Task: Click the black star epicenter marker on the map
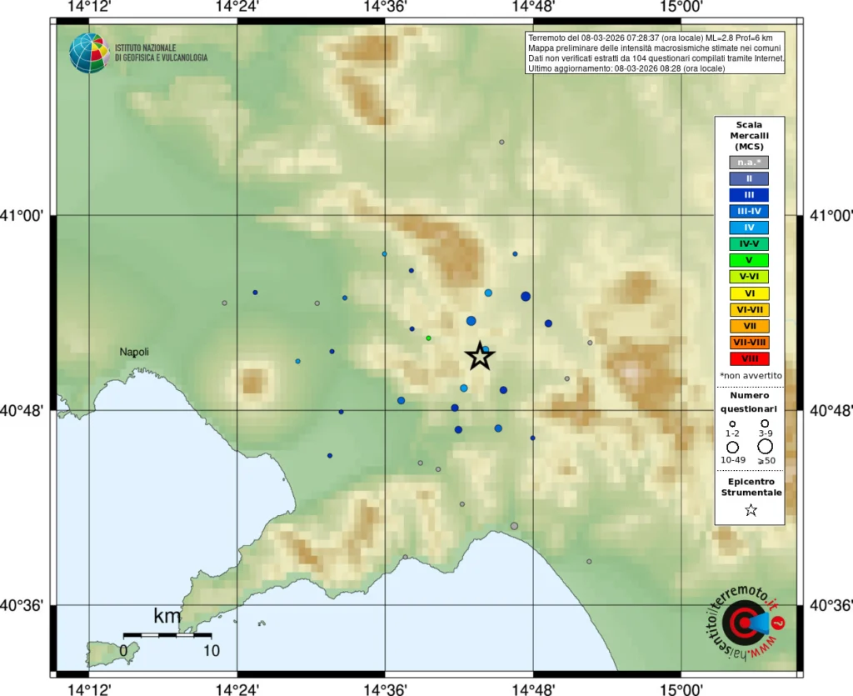[480, 356]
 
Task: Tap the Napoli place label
[134, 352]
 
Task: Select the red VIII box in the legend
[749, 358]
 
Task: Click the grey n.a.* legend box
[749, 163]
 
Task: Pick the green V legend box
[749, 260]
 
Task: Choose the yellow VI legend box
[749, 293]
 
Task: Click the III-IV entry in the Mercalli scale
[749, 212]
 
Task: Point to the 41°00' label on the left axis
[26, 217]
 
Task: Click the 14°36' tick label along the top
[385, 8]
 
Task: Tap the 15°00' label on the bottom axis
[681, 688]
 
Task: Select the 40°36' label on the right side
[828, 605]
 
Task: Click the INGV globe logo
[89, 53]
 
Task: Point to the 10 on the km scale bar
[211, 650]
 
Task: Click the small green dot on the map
[428, 338]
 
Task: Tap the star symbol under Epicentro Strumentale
[751, 510]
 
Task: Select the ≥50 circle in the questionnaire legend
[765, 447]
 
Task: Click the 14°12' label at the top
[89, 8]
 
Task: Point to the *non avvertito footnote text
[749, 376]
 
